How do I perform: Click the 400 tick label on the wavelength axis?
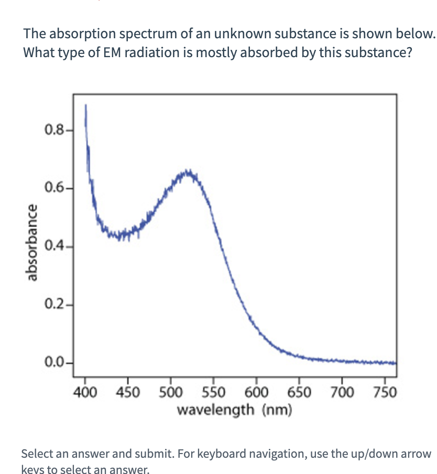coord(84,392)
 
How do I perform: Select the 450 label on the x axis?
coord(127,392)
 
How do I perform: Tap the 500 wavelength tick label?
coord(170,392)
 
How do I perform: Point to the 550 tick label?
coord(213,392)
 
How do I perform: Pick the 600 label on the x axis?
coord(256,392)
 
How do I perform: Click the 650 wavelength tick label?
coord(299,392)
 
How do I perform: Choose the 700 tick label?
coord(342,392)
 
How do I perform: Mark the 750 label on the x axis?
coord(385,392)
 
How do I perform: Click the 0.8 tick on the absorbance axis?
coord(56,128)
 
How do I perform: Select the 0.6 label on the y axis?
coord(56,187)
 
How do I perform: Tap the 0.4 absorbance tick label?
coord(56,245)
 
